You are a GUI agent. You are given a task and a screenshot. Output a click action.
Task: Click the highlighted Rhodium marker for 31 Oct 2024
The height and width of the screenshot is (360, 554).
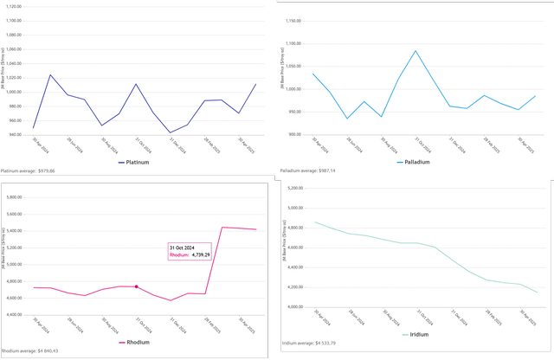click(x=136, y=286)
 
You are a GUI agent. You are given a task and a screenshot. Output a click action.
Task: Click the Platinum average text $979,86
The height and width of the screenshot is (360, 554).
click(x=28, y=171)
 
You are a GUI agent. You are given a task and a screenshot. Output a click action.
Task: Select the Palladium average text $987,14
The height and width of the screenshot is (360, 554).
click(x=309, y=170)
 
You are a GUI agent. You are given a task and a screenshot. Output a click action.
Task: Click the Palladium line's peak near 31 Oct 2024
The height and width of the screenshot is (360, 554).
click(x=415, y=50)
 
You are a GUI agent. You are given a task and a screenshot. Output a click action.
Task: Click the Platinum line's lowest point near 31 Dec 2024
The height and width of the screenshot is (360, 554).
click(x=170, y=132)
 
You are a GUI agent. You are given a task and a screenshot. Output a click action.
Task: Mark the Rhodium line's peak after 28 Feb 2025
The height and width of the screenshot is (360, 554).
click(x=222, y=227)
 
